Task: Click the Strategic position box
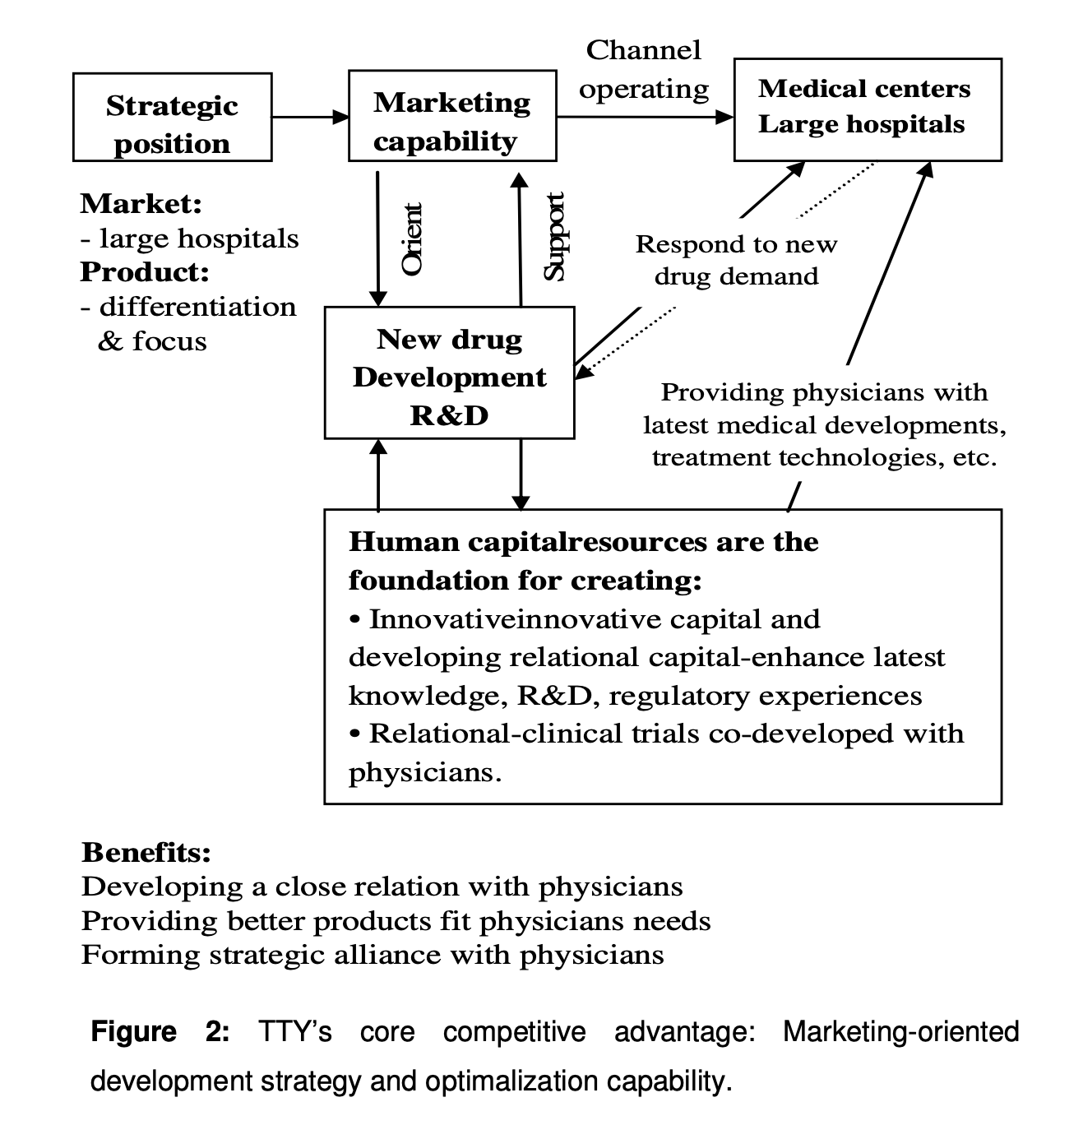172,117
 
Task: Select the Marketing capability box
452,116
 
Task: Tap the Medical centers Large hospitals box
868,109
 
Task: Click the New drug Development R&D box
450,373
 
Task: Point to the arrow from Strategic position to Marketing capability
311,117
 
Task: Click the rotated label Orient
411,238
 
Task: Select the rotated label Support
554,236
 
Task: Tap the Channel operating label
644,70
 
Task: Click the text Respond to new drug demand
736,260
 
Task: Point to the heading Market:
141,203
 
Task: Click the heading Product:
144,271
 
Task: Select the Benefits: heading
146,852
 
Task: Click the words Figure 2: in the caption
160,1032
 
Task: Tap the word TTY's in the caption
294,1032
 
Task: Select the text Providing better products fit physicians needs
396,921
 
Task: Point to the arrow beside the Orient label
377,238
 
